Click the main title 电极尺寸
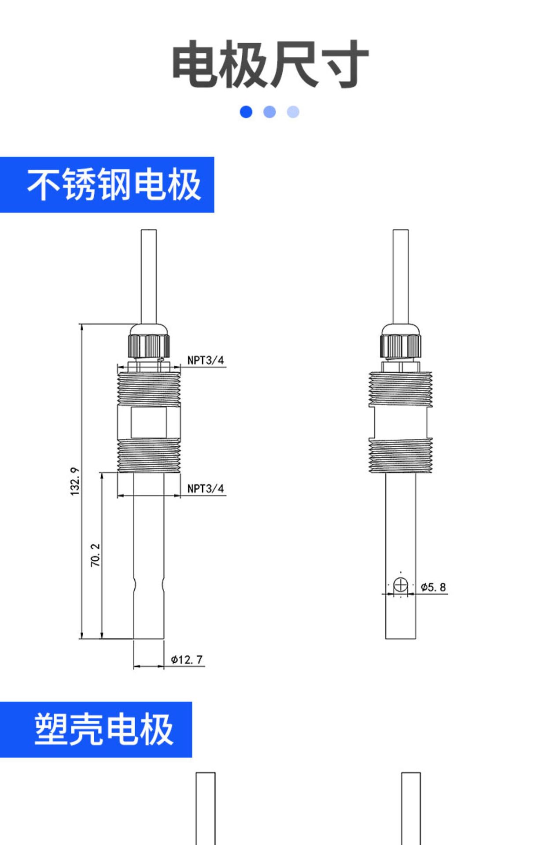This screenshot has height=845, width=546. click(270, 64)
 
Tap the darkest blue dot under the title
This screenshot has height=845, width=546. click(246, 112)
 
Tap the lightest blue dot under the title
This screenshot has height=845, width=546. click(293, 112)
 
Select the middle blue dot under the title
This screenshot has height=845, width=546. click(269, 112)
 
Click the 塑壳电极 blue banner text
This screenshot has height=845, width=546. click(104, 729)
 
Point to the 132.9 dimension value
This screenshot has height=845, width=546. click(75, 481)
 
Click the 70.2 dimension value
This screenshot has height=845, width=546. click(96, 555)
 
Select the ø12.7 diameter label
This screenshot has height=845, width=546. click(187, 660)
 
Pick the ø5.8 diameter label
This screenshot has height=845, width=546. click(433, 587)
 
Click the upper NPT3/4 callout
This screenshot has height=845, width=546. click(205, 360)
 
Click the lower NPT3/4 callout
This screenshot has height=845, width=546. click(205, 489)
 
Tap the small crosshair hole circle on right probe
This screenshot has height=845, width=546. click(400, 585)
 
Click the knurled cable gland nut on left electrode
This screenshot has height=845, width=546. click(149, 346)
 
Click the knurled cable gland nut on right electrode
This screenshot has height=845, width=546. click(400, 346)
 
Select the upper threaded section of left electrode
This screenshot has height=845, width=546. click(149, 389)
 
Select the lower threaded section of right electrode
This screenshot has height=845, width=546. click(400, 456)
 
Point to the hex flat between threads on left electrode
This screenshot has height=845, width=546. click(149, 422)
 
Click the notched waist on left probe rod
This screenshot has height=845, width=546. click(149, 585)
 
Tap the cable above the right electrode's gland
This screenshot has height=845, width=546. click(400, 277)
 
